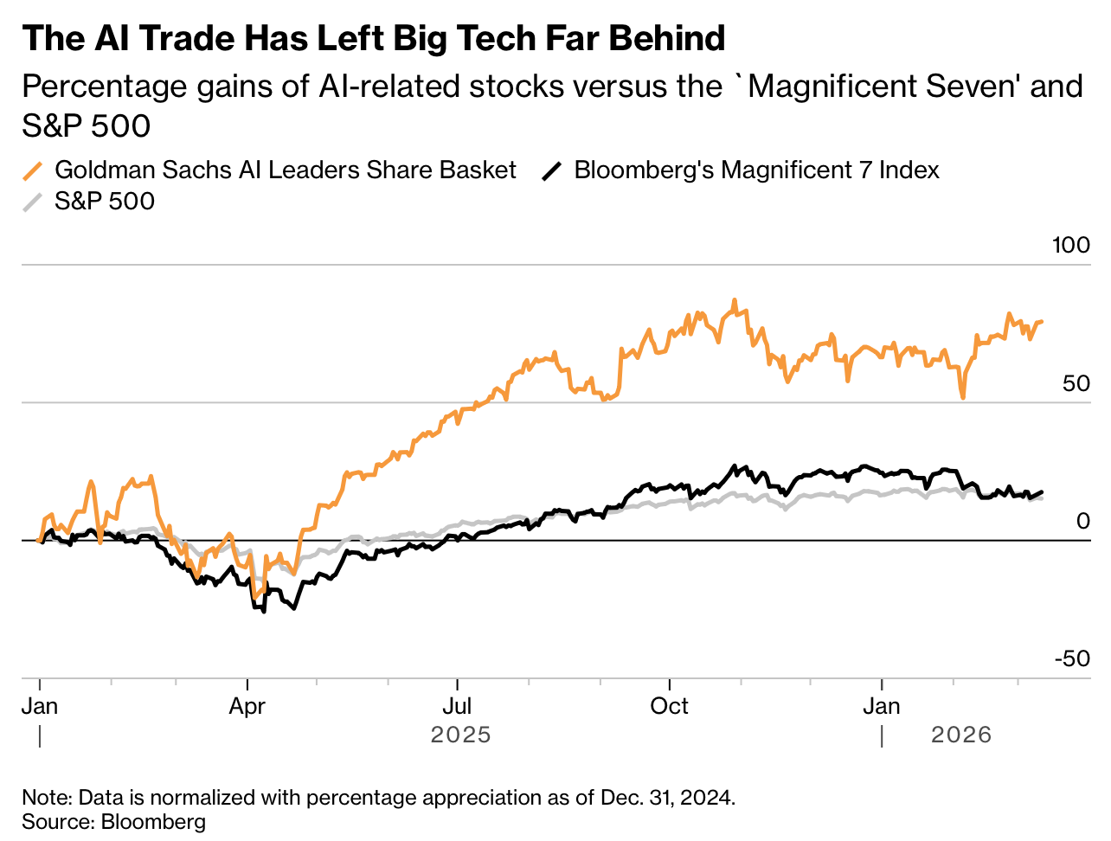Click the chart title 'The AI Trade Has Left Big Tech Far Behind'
[373, 39]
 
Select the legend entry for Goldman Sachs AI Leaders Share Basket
[285, 170]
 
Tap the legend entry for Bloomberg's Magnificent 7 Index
[756, 170]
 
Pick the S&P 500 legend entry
[105, 201]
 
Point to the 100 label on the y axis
[1070, 245]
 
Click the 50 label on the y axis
[1076, 383]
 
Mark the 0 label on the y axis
[1083, 521]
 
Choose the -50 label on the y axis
[1072, 658]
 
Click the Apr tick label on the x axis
[247, 706]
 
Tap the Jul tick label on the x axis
[457, 706]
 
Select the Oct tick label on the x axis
[669, 706]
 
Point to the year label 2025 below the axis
[460, 735]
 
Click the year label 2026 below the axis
[960, 735]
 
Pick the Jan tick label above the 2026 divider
[882, 706]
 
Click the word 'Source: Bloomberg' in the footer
[114, 821]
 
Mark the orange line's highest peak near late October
[735, 300]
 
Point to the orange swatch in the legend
[33, 170]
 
